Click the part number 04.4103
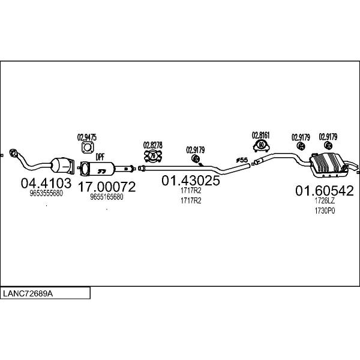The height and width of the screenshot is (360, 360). pos(46,183)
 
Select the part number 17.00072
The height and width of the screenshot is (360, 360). pos(107,187)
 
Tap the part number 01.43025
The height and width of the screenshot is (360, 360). pos(191,180)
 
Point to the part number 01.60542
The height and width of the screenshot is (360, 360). pos(325,191)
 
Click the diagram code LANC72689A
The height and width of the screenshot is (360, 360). pos(28,293)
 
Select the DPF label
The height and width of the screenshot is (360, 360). pos(100,157)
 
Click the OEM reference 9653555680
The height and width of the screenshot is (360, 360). pos(46,193)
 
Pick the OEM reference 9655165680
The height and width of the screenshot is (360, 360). pos(107,197)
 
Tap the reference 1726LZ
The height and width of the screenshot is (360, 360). pos(325,200)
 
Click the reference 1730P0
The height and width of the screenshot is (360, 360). pos(325,211)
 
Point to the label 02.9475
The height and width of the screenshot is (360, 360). pos(87,137)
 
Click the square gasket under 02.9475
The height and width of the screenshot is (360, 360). pos(88,148)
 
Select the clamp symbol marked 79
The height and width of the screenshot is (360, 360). pos(153,156)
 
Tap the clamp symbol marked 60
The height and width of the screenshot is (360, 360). pos(261,145)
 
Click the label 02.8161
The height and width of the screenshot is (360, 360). pos(261,135)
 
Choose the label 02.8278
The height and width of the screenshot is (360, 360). pos(153,145)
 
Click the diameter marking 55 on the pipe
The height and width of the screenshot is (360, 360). pos(242,160)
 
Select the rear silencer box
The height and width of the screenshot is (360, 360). pos(328,165)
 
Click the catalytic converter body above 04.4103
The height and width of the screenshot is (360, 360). pos(62,166)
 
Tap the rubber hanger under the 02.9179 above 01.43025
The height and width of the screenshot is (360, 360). pos(196,158)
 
